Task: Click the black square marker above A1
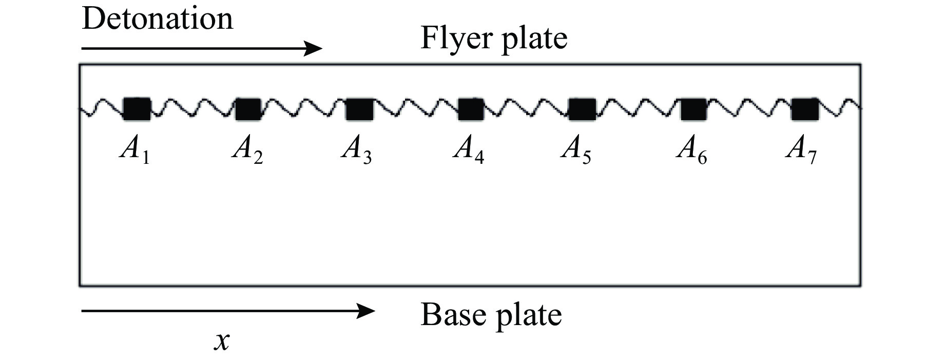[x=137, y=109]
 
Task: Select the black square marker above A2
[x=248, y=109]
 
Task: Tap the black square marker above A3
[x=359, y=109]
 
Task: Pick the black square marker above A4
[x=470, y=109]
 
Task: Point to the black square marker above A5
[x=582, y=109]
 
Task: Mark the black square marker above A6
[x=693, y=109]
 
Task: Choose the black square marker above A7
[x=804, y=109]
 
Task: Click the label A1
[x=134, y=150]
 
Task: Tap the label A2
[x=247, y=150]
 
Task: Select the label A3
[x=357, y=150]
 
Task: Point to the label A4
[x=468, y=150]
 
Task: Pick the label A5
[x=576, y=150]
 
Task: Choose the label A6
[x=691, y=150]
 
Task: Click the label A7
[x=801, y=150]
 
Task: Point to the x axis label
[x=222, y=341]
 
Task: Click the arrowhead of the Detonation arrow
[x=314, y=49]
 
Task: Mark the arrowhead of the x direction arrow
[x=366, y=311]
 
